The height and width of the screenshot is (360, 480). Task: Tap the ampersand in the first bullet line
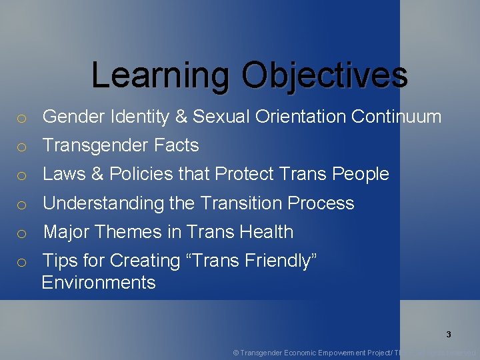click(181, 117)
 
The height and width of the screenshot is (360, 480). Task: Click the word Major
click(67, 232)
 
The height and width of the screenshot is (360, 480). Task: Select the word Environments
click(99, 283)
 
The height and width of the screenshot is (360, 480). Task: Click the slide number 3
click(449, 334)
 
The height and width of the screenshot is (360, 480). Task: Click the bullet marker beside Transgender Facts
click(22, 147)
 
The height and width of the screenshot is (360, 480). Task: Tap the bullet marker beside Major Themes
click(22, 233)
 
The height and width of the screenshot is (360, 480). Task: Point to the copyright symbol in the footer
click(235, 352)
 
